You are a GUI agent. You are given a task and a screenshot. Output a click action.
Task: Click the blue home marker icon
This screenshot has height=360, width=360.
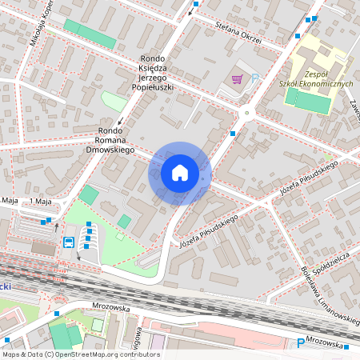click(180, 172)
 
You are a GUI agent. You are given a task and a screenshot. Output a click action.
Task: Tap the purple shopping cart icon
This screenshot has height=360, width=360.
click(237, 78)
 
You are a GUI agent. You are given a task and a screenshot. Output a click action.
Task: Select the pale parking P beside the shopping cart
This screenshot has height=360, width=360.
click(255, 78)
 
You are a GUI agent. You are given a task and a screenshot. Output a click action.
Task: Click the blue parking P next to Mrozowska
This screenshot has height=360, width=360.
click(301, 343)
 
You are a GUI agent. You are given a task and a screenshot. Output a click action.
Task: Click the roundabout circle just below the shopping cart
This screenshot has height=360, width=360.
click(247, 113)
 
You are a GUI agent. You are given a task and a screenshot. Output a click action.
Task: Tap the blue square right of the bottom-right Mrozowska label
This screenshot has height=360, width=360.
click(347, 346)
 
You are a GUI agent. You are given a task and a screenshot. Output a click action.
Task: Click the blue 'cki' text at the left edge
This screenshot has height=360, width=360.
click(5, 285)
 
